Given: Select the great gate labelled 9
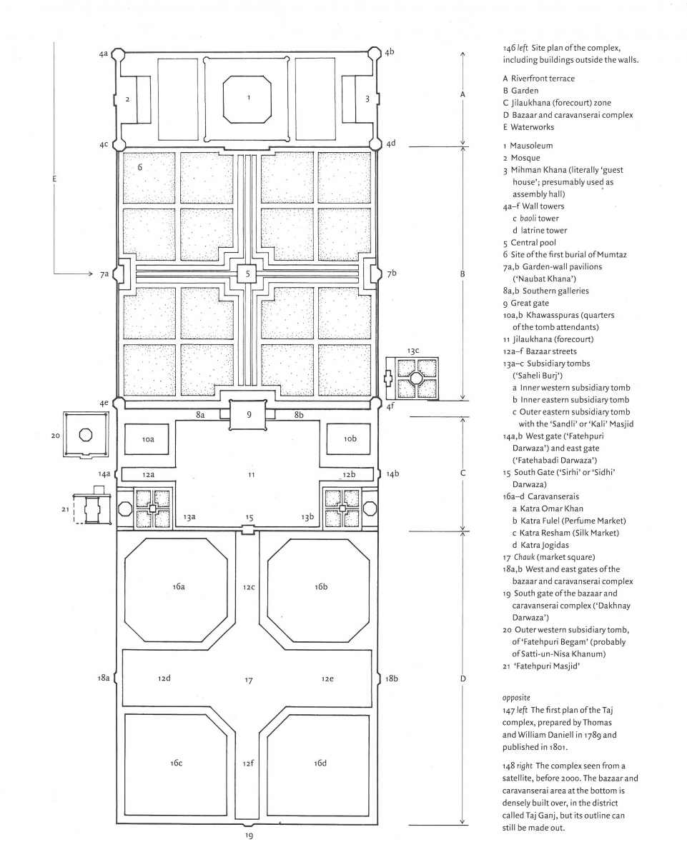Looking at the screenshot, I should click(247, 414).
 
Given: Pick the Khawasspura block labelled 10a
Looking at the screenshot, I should click(148, 439).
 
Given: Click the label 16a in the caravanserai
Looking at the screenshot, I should click(179, 586).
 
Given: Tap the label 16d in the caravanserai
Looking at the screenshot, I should click(320, 763).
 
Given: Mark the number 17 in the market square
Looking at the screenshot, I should click(248, 681).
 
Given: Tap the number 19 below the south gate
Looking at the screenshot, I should click(249, 835).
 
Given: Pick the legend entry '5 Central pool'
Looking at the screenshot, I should click(533, 242).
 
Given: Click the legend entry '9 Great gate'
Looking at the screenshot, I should click(530, 303).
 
